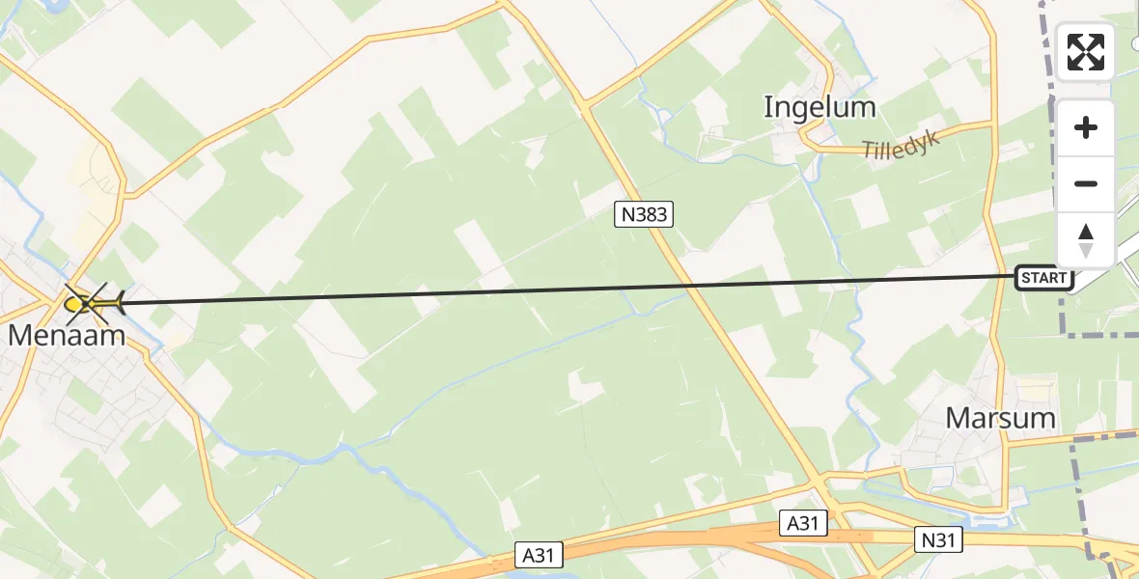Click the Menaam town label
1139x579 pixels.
(68, 335)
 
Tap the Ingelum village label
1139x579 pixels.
(820, 106)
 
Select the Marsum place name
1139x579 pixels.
(1000, 418)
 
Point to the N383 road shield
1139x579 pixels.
(644, 214)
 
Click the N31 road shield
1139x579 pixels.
(937, 539)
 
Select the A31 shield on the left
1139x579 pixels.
(542, 555)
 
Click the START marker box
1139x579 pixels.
(1044, 279)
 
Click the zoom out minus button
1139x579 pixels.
(1086, 183)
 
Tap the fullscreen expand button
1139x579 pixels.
(1086, 52)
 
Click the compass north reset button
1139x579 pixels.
(1086, 239)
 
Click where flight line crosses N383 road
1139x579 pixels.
(686, 286)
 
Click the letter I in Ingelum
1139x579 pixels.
(768, 106)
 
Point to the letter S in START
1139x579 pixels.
(1026, 279)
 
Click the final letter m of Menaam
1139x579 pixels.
(113, 335)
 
